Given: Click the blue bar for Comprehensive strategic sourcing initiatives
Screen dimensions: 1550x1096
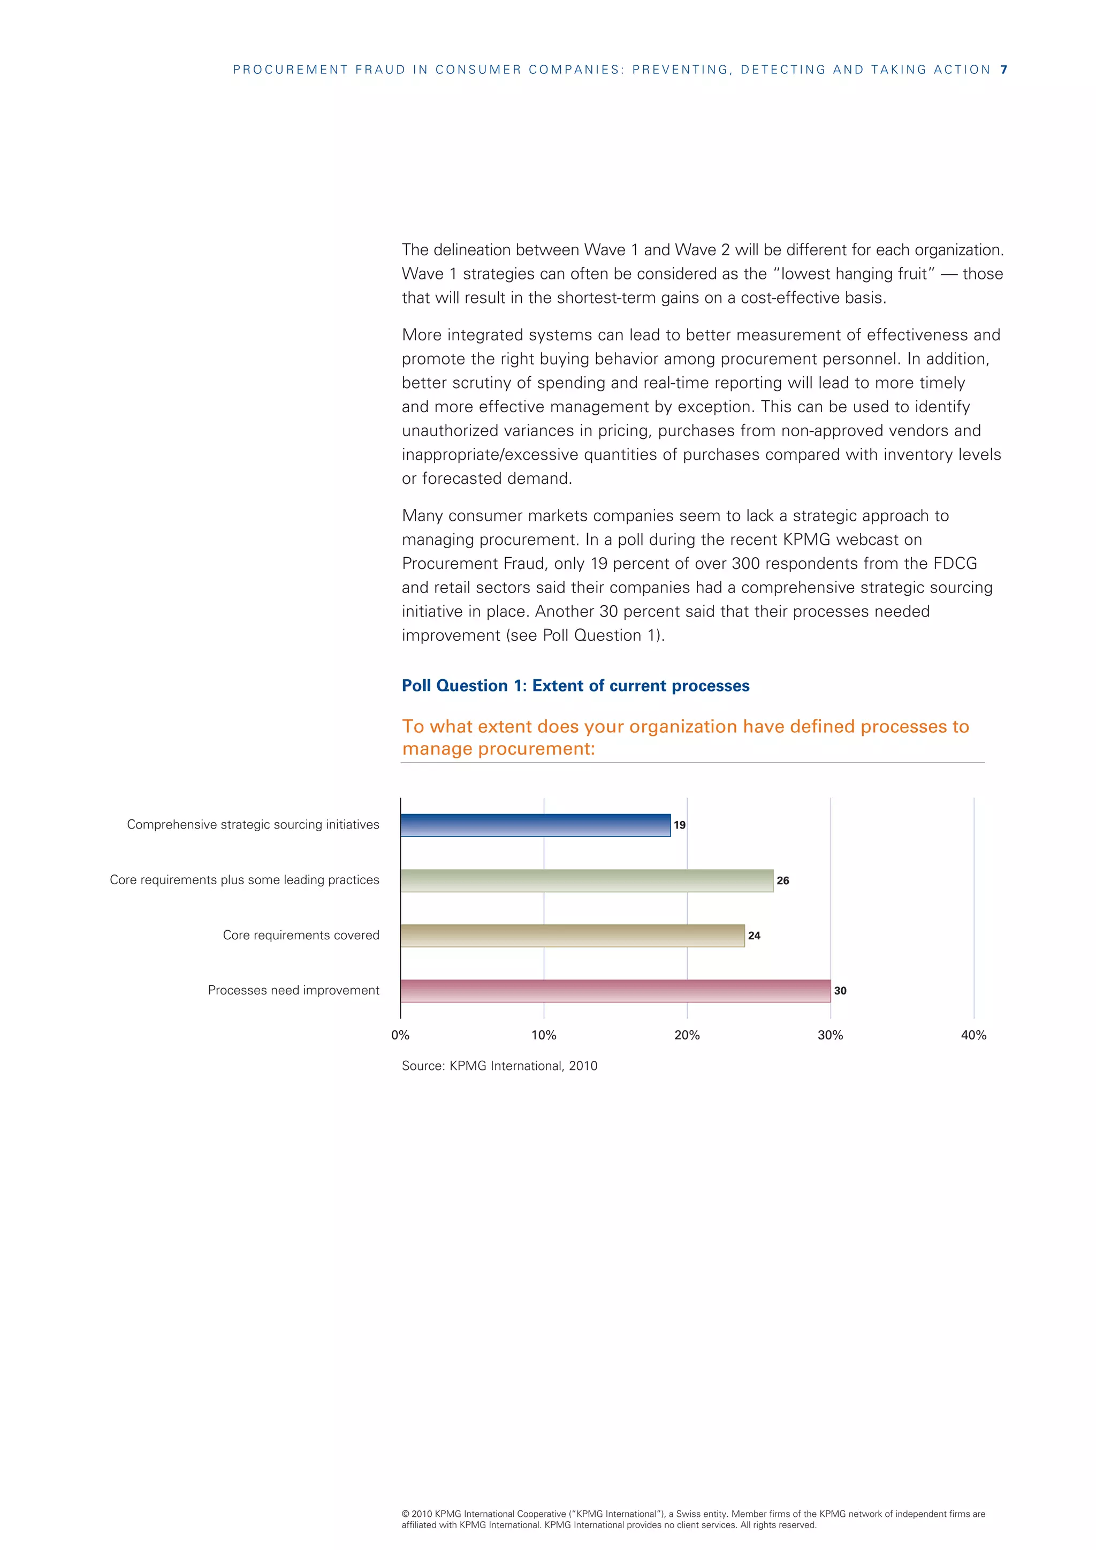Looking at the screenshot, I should tap(535, 825).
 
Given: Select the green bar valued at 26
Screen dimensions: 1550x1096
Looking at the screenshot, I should tap(587, 880).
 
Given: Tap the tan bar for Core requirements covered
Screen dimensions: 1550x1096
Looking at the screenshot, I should tap(572, 936).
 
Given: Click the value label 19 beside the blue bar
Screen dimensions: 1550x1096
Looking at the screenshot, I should tap(680, 825).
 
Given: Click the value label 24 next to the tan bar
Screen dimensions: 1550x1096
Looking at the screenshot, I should tap(754, 936).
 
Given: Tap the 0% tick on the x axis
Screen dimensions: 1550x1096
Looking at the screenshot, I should tap(400, 1036).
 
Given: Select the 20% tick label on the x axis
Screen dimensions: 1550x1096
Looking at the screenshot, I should tap(687, 1036).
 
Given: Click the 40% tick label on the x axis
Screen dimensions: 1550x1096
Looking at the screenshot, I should tap(973, 1036).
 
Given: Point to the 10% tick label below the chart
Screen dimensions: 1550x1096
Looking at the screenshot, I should tap(543, 1036).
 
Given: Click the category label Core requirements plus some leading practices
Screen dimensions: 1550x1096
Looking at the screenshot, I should tap(245, 880).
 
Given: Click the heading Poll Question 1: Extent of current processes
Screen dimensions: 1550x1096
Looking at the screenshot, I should tap(575, 686).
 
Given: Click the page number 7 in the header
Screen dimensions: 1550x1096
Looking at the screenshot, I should tap(1003, 70).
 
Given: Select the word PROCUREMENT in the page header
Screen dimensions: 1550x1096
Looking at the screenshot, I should tap(290, 70).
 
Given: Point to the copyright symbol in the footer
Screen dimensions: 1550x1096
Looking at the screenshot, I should tap(405, 1514).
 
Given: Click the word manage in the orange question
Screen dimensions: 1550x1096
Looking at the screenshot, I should tap(437, 749).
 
